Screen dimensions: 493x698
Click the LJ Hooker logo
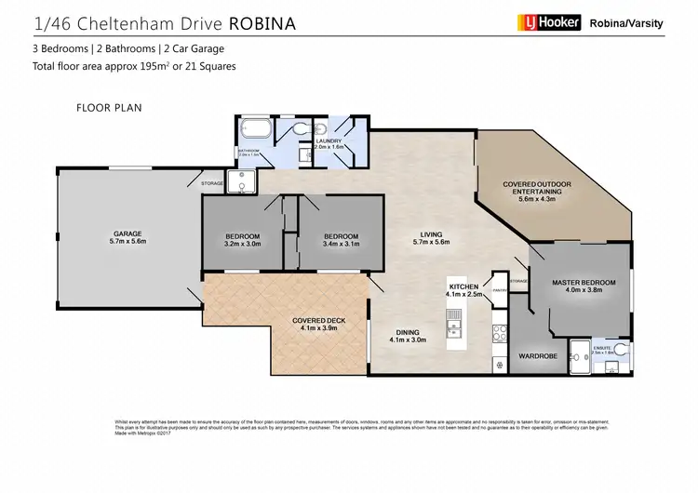tap(547, 22)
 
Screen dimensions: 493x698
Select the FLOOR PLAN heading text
tap(103, 108)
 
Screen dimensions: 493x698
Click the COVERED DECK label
tap(318, 321)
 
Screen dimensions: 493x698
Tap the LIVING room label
tap(429, 234)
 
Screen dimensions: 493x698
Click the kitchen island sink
tap(456, 328)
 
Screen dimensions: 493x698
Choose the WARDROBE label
tap(535, 355)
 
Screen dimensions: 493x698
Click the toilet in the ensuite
tap(619, 352)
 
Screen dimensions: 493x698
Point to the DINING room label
tap(407, 332)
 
